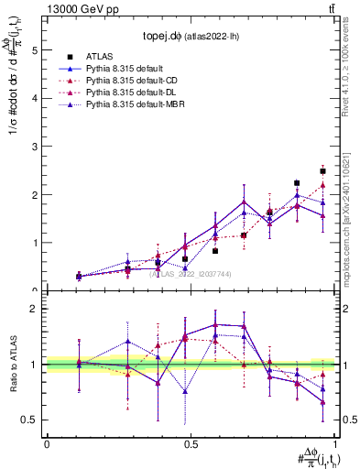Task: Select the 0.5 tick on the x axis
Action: point(190,445)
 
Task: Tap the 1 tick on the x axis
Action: point(334,445)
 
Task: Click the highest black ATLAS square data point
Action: point(322,171)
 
